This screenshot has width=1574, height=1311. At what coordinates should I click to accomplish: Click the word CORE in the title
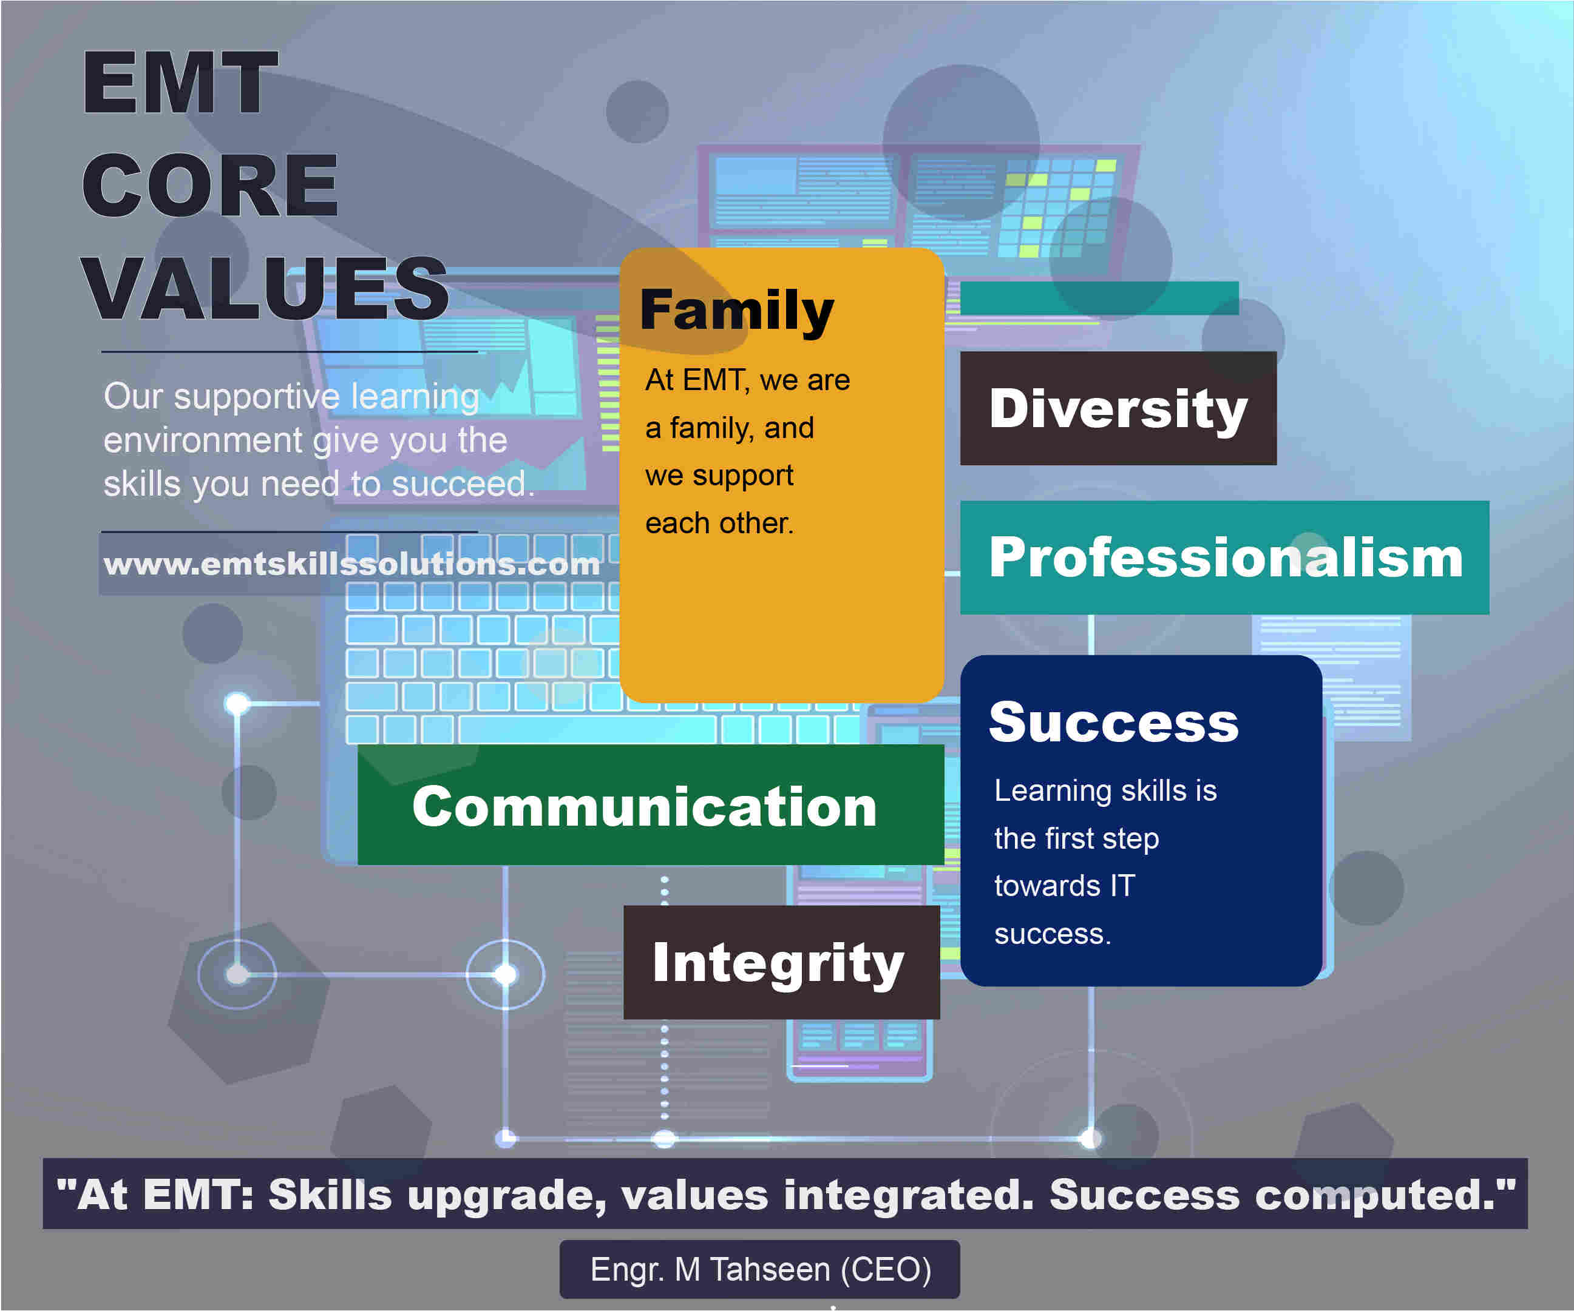(210, 185)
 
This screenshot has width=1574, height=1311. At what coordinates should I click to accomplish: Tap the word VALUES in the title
(265, 288)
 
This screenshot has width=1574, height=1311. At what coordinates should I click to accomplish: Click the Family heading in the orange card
(737, 310)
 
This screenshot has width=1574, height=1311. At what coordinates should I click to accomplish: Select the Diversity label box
(1118, 408)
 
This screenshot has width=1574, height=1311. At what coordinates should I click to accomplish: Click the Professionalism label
(1225, 558)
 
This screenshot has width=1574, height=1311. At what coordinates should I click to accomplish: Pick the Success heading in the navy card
(1114, 722)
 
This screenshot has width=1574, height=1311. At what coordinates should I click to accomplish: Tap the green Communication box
(651, 804)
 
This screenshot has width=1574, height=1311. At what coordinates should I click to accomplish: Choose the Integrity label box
(782, 963)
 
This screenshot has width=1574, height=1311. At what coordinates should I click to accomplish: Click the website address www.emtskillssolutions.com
(351, 564)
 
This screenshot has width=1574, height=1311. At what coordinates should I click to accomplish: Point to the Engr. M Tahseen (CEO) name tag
(760, 1269)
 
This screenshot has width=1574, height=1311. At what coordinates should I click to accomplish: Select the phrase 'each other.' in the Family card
(719, 523)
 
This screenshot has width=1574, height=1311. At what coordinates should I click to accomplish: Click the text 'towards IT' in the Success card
(1064, 886)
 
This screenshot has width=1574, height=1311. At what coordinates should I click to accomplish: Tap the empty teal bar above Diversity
(1099, 298)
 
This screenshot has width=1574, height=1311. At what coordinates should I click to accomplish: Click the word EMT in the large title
(180, 83)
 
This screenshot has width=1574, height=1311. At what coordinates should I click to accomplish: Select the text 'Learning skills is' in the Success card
(1105, 790)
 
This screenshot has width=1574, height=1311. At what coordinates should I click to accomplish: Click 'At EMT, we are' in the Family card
(747, 380)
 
